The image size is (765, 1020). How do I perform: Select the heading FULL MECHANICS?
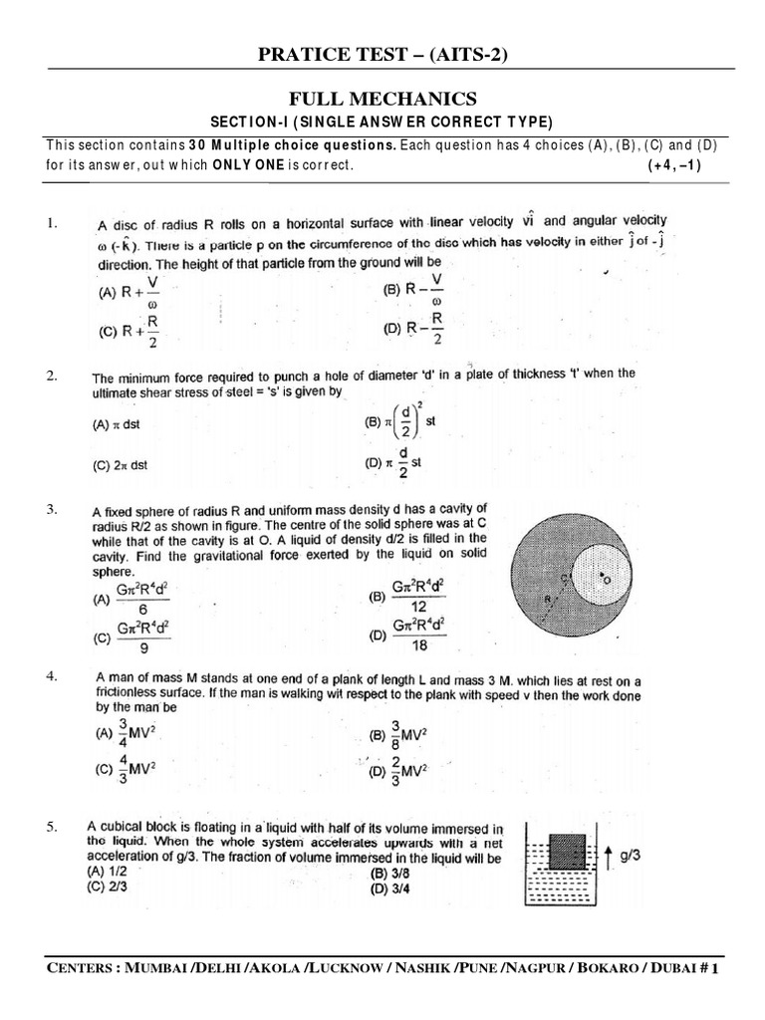click(x=382, y=99)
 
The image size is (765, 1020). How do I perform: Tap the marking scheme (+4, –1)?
click(x=674, y=165)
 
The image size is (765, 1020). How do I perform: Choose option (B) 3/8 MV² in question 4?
click(x=398, y=736)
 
